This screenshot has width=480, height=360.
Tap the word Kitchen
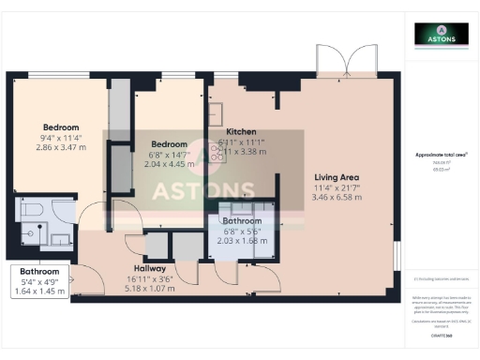pos(241,132)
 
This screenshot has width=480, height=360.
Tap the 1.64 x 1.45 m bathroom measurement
pos(39,292)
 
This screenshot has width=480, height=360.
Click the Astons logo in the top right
pos(442,35)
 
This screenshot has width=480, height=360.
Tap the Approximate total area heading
pos(442,153)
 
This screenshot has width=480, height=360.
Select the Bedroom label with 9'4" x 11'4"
pos(61,127)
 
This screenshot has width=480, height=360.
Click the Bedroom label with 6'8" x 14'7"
pos(170,144)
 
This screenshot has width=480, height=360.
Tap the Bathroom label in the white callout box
pos(39,272)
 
